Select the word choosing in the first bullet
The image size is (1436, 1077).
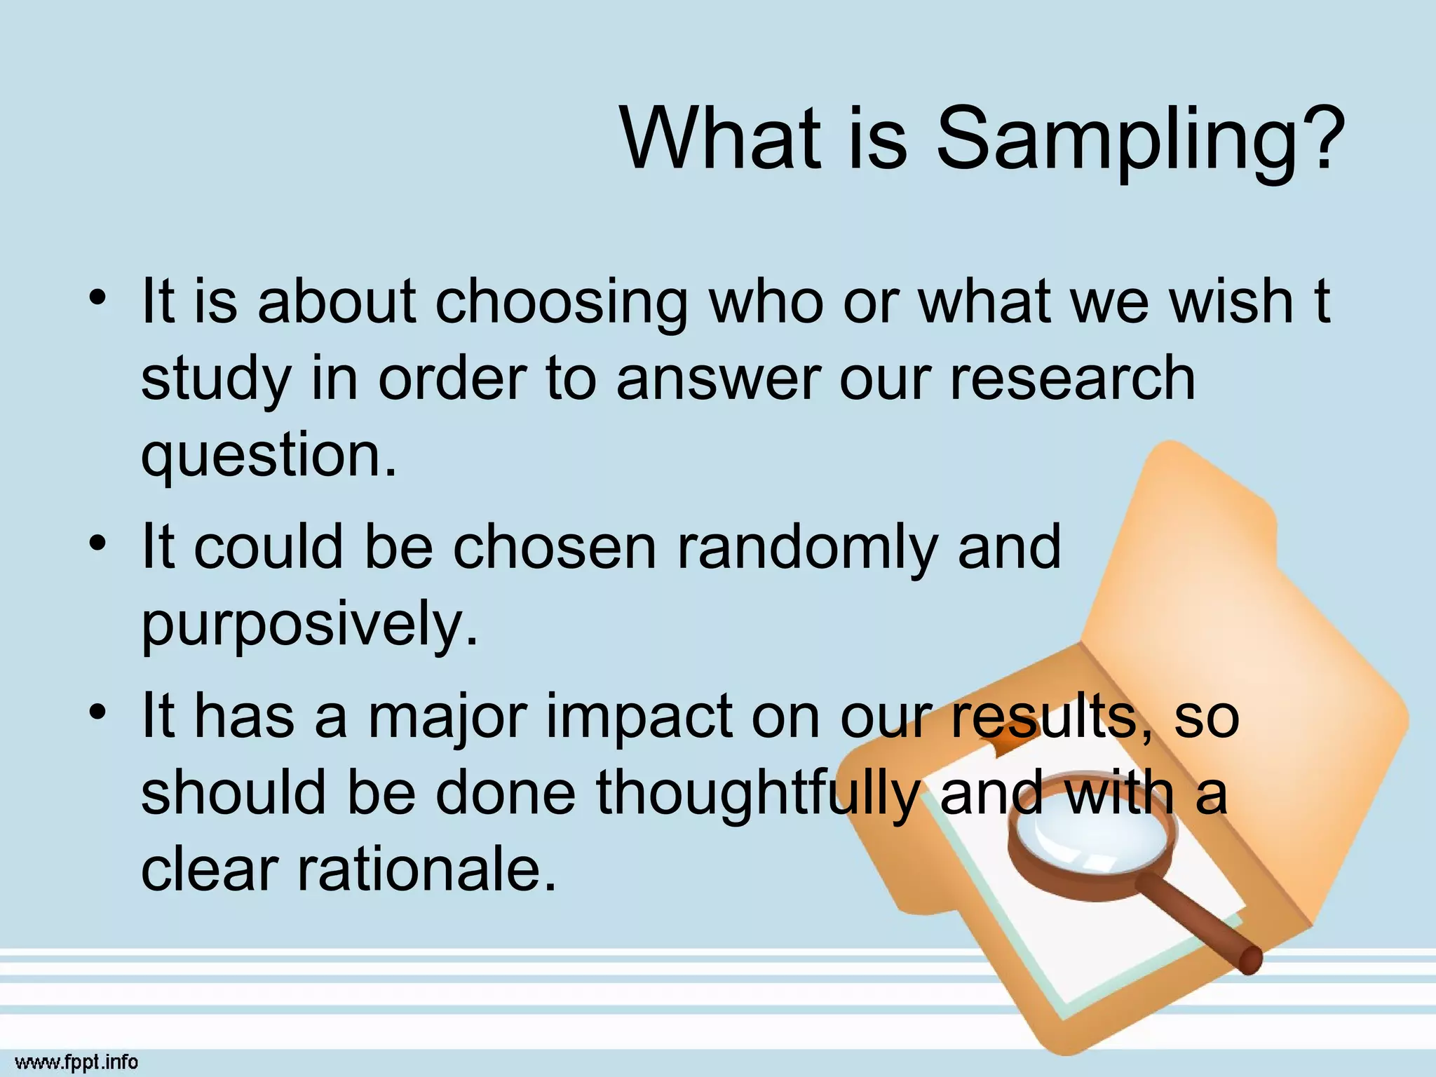click(562, 303)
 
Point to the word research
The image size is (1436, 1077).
click(1073, 379)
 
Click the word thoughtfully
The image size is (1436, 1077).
click(757, 795)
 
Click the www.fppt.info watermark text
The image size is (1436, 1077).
click(76, 1062)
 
